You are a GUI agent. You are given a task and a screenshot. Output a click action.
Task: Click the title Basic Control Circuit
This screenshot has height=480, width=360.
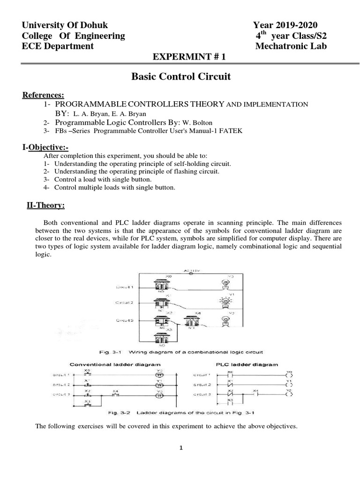[x=180, y=76]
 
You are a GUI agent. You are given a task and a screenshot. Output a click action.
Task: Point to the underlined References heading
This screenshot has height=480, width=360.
[x=44, y=96]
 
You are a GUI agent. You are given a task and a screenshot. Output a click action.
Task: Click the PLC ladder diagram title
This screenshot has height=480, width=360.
[x=247, y=364]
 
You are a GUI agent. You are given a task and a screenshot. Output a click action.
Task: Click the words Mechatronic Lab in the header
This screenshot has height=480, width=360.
[x=291, y=46]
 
